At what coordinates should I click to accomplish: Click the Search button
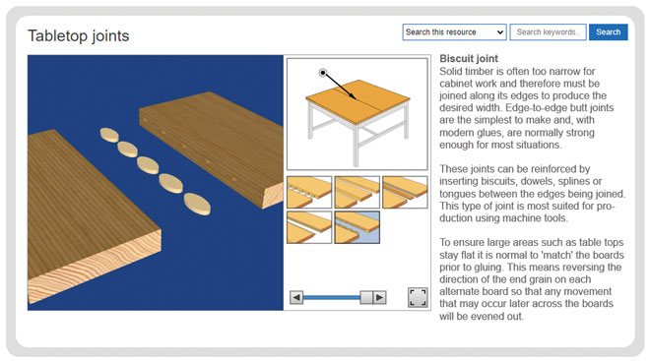pyautogui.click(x=608, y=32)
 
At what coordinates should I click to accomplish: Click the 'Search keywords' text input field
pyautogui.click(x=548, y=32)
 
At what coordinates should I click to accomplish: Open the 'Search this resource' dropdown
pyautogui.click(x=454, y=32)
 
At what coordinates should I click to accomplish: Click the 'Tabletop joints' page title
pyautogui.click(x=78, y=36)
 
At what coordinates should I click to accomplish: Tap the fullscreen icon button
pyautogui.click(x=418, y=297)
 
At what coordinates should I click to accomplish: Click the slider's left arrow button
pyautogui.click(x=295, y=297)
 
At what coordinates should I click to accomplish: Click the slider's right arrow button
pyautogui.click(x=379, y=297)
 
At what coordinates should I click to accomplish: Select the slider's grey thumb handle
pyautogui.click(x=365, y=297)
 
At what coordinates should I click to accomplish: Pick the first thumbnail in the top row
pyautogui.click(x=308, y=192)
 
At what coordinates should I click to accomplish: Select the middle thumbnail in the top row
pyautogui.click(x=357, y=192)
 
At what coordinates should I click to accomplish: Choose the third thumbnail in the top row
pyautogui.click(x=405, y=192)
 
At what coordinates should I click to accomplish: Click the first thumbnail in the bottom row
pyautogui.click(x=308, y=227)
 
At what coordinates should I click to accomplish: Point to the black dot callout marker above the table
pyautogui.click(x=322, y=72)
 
